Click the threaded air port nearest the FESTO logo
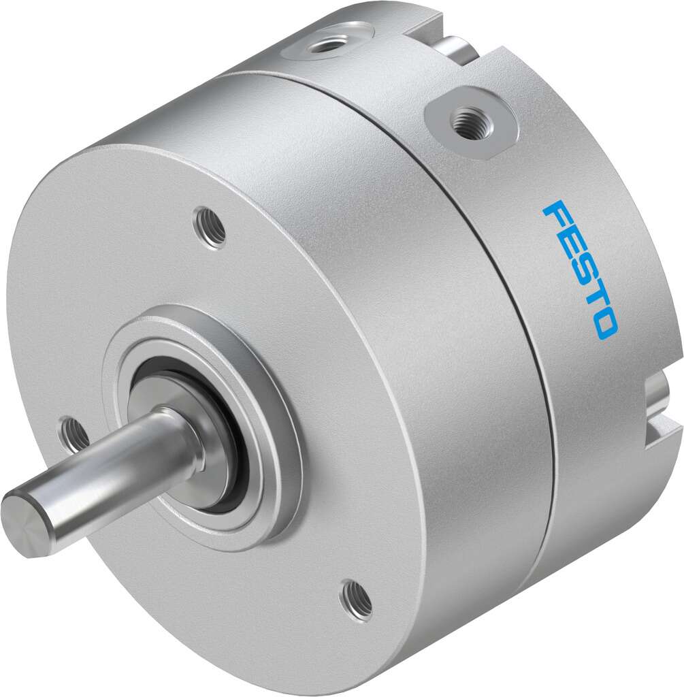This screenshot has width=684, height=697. pyautogui.click(x=465, y=125)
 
